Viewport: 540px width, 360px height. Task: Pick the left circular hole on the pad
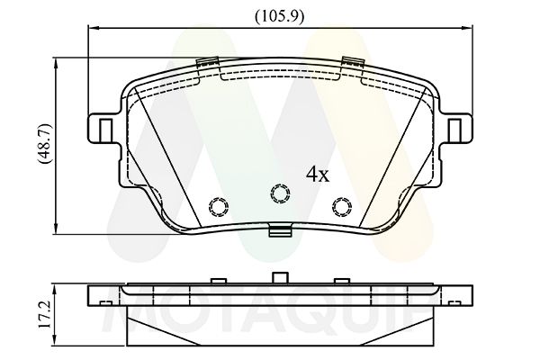tap(218, 206)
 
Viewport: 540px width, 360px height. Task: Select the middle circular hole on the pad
tap(279, 193)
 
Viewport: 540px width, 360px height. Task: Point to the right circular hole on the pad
tap(340, 206)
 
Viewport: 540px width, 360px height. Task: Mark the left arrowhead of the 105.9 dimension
tap(90, 29)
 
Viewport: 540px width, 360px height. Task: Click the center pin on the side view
tap(279, 277)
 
